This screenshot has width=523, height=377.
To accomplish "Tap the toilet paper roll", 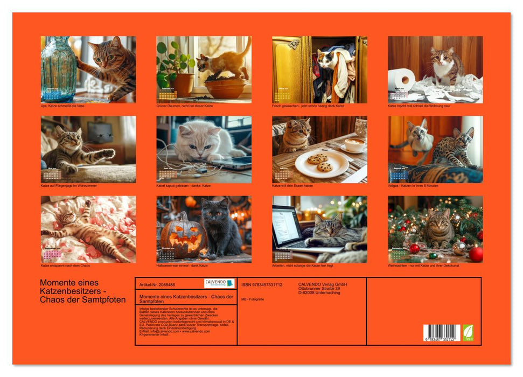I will (401, 80).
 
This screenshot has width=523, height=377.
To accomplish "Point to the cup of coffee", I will (354, 145).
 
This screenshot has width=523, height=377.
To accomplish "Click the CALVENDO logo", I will (219, 283).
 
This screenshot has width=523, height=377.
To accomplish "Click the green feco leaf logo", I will (468, 332).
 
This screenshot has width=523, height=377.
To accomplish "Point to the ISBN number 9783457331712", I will (262, 284).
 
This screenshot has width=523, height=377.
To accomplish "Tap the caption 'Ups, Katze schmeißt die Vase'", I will (63, 106).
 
